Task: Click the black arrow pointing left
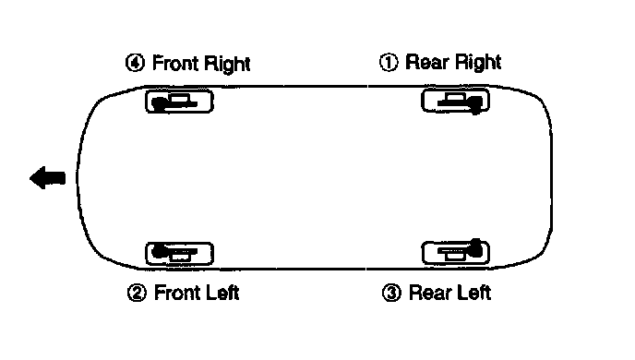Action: coord(47,177)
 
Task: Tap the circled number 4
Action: coord(135,63)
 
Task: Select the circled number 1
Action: coord(389,63)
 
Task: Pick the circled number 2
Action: coord(137,293)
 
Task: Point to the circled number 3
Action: coord(391,293)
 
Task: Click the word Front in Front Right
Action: coord(175,63)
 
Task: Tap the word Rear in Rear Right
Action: coord(426,63)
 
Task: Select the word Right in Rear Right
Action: coord(477,63)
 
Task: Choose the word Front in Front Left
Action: coord(177,293)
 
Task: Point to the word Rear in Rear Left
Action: coord(430,293)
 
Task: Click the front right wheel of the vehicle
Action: coord(179,101)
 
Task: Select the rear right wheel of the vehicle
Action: coord(456,101)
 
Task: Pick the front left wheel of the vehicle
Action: coord(179,254)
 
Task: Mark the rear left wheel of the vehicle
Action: coord(456,253)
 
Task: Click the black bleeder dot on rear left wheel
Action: coord(476,247)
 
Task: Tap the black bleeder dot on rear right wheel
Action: coord(476,105)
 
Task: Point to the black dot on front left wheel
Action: coord(159,251)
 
